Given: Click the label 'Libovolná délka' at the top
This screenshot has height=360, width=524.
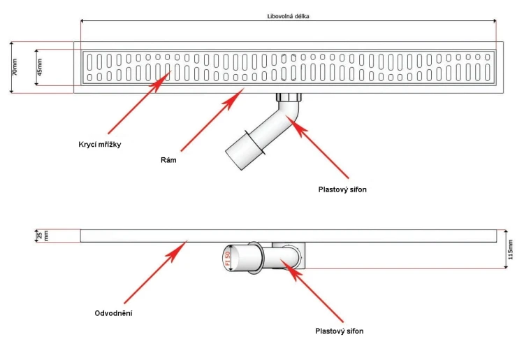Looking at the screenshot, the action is (288, 16).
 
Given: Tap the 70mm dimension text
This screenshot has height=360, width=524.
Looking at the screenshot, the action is (15, 67).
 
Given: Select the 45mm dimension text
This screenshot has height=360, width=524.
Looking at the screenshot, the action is (39, 67).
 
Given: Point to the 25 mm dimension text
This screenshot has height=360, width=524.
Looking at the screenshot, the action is (43, 236).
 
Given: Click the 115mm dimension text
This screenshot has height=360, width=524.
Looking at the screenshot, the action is (510, 250).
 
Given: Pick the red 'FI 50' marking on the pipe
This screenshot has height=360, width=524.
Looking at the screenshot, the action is (228, 259).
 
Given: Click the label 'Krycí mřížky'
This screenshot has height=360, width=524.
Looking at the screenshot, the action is (100, 145).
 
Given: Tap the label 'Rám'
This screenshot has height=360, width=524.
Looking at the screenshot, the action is (168, 160).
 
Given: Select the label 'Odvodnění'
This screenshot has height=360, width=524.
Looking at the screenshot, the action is (114, 313).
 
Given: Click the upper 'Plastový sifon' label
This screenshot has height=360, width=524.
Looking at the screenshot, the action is (342, 189).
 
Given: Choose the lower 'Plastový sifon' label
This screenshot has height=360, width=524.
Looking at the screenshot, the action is (340, 331).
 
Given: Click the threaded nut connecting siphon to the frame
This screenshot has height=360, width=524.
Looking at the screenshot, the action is (289, 97).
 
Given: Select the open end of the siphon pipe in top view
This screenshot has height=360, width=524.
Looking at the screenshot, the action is (235, 159).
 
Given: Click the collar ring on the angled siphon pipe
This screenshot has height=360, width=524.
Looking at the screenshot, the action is (255, 143).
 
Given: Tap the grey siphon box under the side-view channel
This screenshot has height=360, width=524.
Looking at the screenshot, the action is (289, 255).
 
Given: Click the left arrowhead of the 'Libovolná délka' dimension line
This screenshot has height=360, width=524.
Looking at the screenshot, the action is (83, 21).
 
